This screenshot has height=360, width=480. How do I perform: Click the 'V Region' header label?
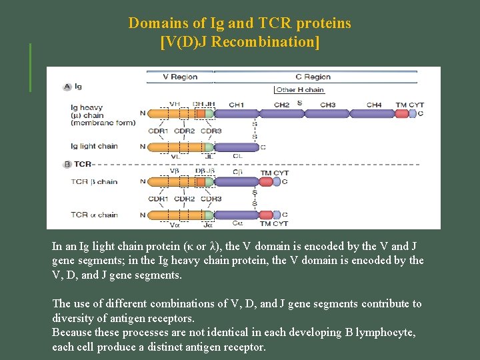(x=180, y=77)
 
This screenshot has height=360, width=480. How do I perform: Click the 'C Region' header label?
(x=313, y=77)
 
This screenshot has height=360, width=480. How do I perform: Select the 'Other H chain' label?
(x=300, y=90)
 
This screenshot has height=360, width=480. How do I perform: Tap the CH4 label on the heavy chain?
(x=374, y=105)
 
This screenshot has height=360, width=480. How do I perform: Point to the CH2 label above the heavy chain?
(x=281, y=105)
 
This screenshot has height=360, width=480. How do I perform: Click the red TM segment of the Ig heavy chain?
(x=401, y=114)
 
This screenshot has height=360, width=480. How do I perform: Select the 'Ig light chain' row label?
(x=94, y=147)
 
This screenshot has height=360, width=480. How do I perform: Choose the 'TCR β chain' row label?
(x=94, y=181)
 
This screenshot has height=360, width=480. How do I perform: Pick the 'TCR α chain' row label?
(x=94, y=215)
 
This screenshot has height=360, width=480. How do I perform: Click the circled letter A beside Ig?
(x=67, y=87)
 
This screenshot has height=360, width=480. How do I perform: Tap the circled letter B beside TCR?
(x=67, y=164)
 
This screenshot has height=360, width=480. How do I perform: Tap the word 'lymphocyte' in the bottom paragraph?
(x=383, y=332)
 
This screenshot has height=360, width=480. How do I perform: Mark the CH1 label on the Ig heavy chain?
(x=236, y=105)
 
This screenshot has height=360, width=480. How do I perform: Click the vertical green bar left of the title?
(x=30, y=67)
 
